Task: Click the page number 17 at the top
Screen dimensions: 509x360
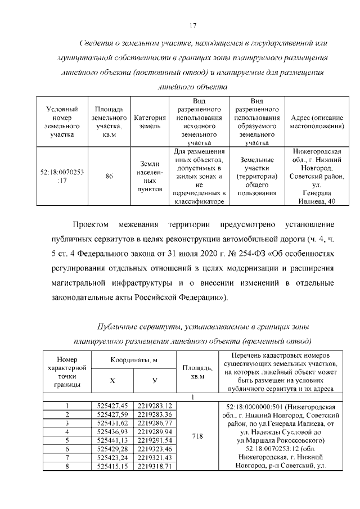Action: [192, 25]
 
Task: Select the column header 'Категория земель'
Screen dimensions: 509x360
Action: [150, 123]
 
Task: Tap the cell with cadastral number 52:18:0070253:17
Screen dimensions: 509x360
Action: [62, 175]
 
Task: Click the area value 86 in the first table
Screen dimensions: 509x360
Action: [109, 176]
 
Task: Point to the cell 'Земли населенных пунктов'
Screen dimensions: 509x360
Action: [150, 176]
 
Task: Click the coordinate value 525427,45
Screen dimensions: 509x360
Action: [112, 406]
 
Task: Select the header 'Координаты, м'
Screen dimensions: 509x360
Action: [133, 360]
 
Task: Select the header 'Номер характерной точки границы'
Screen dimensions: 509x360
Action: [67, 372]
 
